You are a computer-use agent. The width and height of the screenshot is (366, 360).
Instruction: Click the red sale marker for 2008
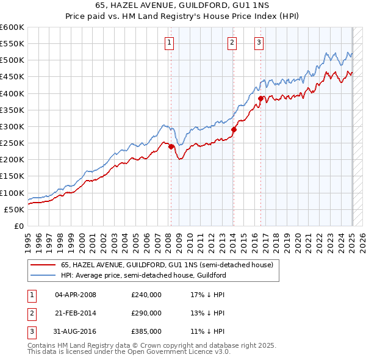(x=171, y=146)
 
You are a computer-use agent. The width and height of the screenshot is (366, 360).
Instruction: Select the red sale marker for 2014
(x=234, y=129)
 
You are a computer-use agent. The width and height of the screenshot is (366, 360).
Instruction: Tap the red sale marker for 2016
(x=260, y=98)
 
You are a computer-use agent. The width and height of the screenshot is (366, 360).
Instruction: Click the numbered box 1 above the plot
(x=168, y=42)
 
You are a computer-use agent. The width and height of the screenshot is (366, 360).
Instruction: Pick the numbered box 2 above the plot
(x=232, y=42)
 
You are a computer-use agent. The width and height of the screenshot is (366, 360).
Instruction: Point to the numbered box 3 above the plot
(x=259, y=42)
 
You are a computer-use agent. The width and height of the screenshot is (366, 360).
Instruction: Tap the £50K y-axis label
(x=14, y=209)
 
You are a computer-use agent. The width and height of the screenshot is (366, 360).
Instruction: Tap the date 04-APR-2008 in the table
(x=75, y=295)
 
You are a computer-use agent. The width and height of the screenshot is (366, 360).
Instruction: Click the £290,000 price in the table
(x=146, y=313)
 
